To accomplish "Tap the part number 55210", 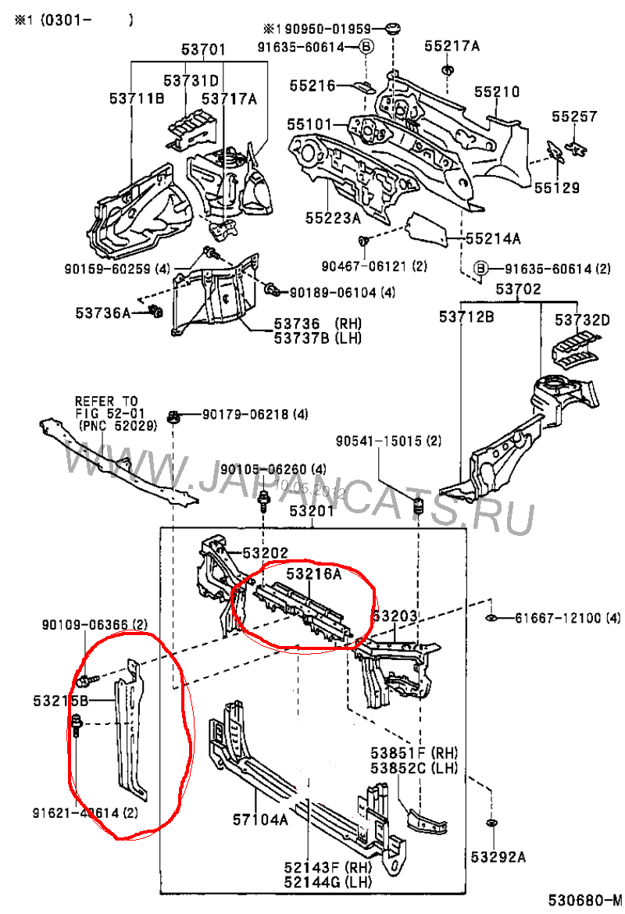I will pyautogui.click(x=496, y=92).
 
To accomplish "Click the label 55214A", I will pyautogui.click(x=494, y=238).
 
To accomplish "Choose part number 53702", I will pyautogui.click(x=518, y=289).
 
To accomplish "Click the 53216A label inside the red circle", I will pyautogui.click(x=314, y=574).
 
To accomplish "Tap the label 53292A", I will pyautogui.click(x=497, y=857).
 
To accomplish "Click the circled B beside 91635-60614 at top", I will pyautogui.click(x=365, y=48).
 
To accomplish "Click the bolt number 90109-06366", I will pyautogui.click(x=95, y=624).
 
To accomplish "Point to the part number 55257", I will pyautogui.click(x=574, y=117).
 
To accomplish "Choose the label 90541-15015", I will pyautogui.click(x=388, y=441).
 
